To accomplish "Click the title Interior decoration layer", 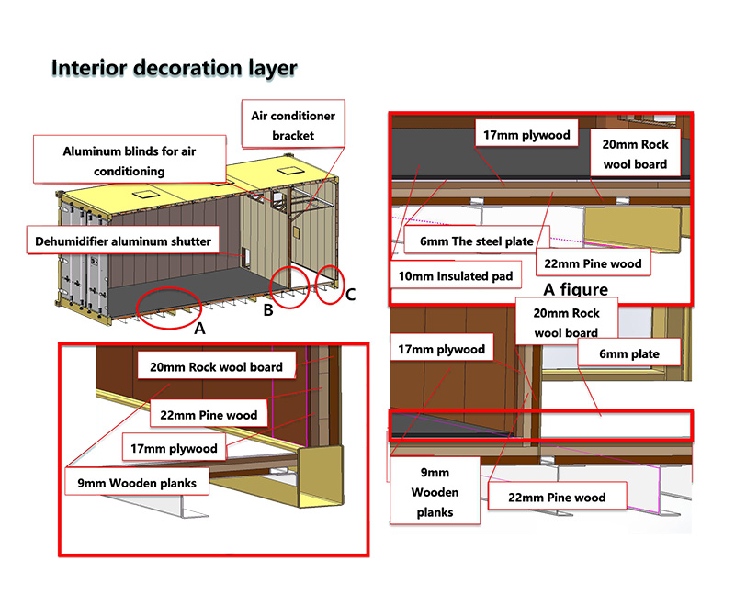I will [x=175, y=68].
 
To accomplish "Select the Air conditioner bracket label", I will [x=293, y=125].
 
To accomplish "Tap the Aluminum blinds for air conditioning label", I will [x=127, y=161].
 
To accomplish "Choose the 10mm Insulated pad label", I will [x=454, y=275].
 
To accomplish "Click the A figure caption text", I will [x=575, y=289].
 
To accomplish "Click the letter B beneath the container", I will [x=267, y=310].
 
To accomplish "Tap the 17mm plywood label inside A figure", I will [x=526, y=135].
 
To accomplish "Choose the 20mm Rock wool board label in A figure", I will [x=635, y=154].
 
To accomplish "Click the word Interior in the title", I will [x=89, y=68].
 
